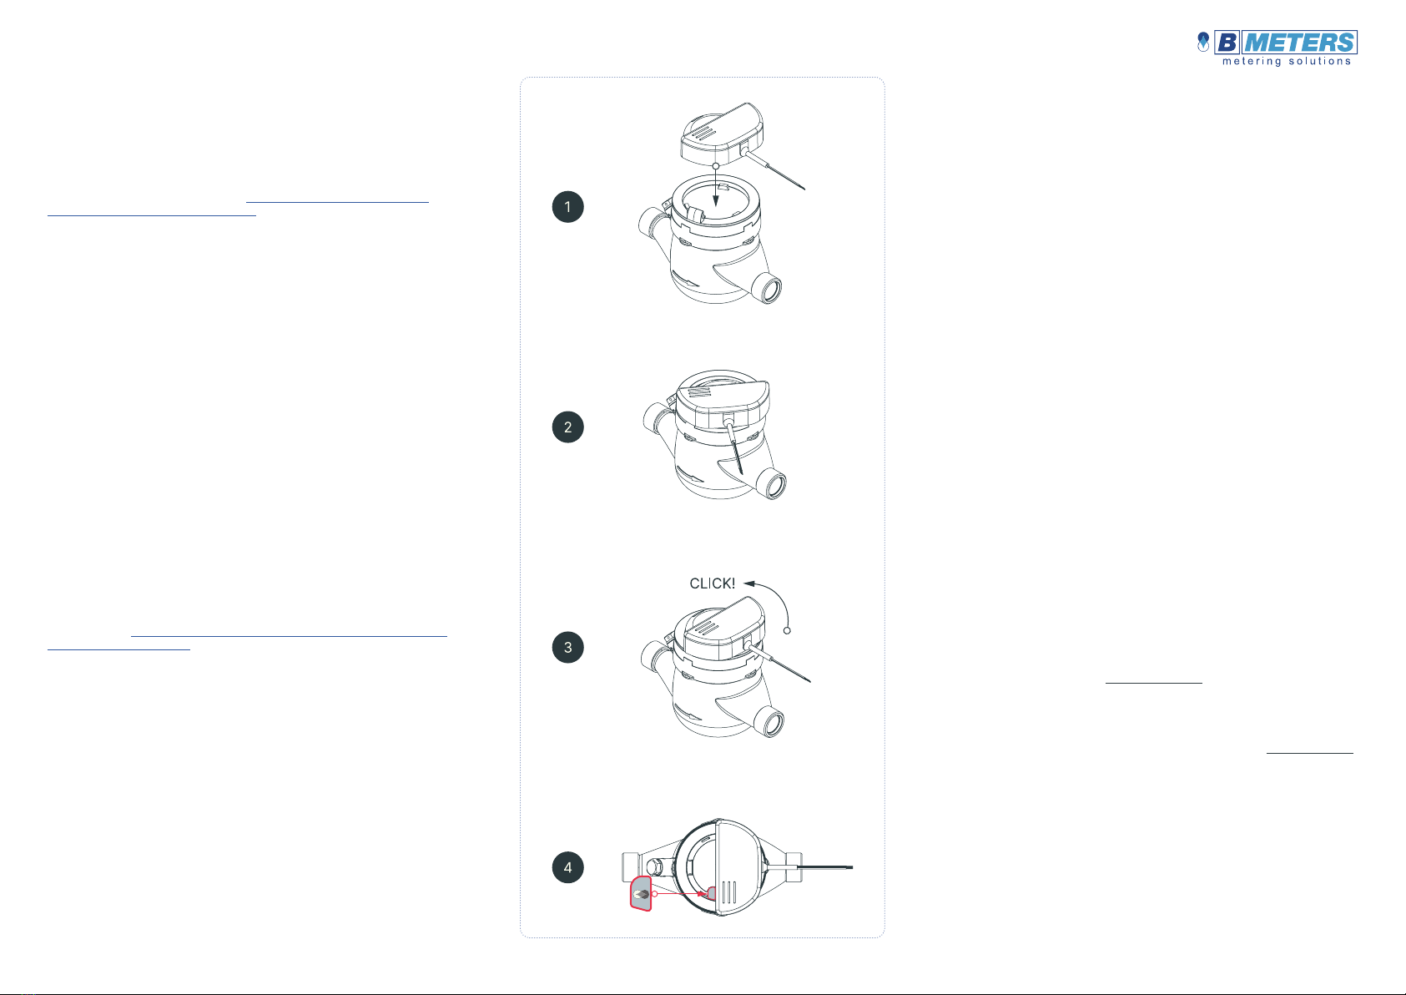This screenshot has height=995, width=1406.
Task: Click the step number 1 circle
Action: (x=567, y=206)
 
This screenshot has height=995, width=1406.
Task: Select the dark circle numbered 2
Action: (x=567, y=427)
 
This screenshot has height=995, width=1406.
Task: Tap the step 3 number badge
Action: (x=567, y=647)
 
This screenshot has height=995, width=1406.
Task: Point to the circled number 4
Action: (x=567, y=867)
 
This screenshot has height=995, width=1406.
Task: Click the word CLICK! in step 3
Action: (x=712, y=583)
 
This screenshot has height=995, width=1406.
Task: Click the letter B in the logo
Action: (x=1227, y=43)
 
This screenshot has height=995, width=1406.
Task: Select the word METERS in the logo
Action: (x=1299, y=43)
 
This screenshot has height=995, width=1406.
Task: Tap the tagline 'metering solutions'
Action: (x=1287, y=62)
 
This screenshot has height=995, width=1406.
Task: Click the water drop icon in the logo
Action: (x=1202, y=42)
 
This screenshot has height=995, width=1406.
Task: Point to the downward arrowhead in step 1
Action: (x=716, y=200)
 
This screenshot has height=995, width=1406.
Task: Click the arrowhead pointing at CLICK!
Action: (x=748, y=583)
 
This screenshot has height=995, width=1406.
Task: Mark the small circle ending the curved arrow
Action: (x=787, y=630)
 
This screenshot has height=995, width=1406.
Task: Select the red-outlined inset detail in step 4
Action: (x=641, y=893)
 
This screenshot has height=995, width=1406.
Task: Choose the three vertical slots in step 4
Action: (x=728, y=892)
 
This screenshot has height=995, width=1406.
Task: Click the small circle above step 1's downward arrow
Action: (x=716, y=166)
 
